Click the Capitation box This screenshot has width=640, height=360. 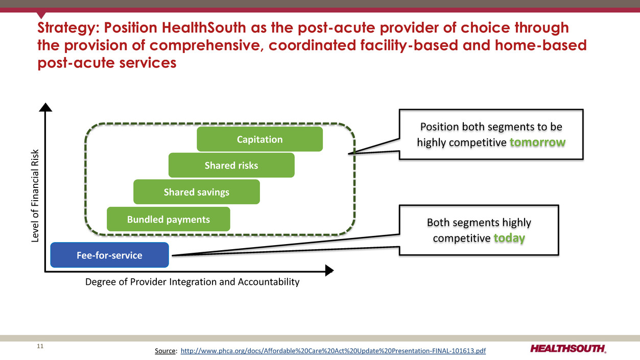coord(259,139)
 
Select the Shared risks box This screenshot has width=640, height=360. coord(231,165)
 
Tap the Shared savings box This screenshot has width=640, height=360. coord(197,192)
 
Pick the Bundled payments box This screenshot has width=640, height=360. coord(169,219)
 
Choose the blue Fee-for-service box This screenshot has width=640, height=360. coord(109,255)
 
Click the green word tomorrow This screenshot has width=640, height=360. coord(537,142)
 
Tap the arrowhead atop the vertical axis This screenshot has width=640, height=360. coord(46,107)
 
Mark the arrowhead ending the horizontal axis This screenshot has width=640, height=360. coord(329,270)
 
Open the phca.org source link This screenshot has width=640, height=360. coord(334,351)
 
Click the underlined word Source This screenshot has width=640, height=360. coord(166,351)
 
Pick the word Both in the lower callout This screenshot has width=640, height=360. coord(439,223)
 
